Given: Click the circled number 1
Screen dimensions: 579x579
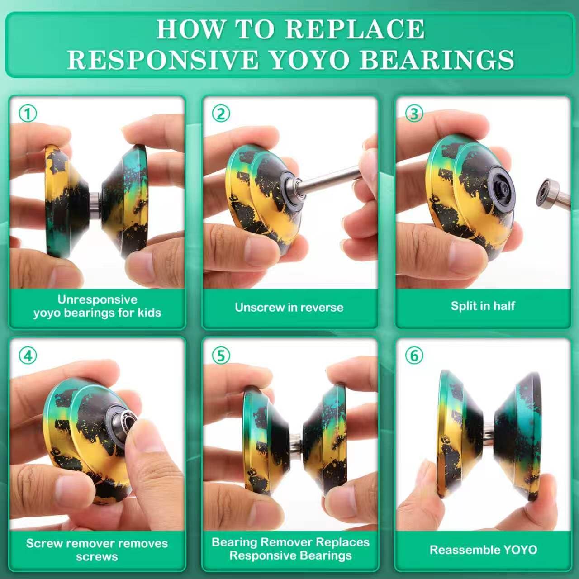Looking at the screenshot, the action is pyautogui.click(x=28, y=114).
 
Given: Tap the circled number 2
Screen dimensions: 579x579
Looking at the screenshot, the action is pyautogui.click(x=221, y=114).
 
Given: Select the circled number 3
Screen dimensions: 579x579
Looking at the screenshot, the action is pyautogui.click(x=414, y=114).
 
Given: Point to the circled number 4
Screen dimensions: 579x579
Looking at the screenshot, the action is pyautogui.click(x=28, y=356).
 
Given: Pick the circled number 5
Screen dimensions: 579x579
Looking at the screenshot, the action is pyautogui.click(x=221, y=356).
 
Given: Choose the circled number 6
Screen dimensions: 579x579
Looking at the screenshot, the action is pyautogui.click(x=414, y=356).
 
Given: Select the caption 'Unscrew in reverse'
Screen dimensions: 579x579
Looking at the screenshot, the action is pyautogui.click(x=289, y=308).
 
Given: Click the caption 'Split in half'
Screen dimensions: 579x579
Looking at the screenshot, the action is pyautogui.click(x=483, y=306).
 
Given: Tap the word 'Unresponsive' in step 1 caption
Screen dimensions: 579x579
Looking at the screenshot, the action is pyautogui.click(x=97, y=299).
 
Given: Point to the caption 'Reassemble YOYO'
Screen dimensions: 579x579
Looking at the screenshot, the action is pyautogui.click(x=484, y=550).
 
